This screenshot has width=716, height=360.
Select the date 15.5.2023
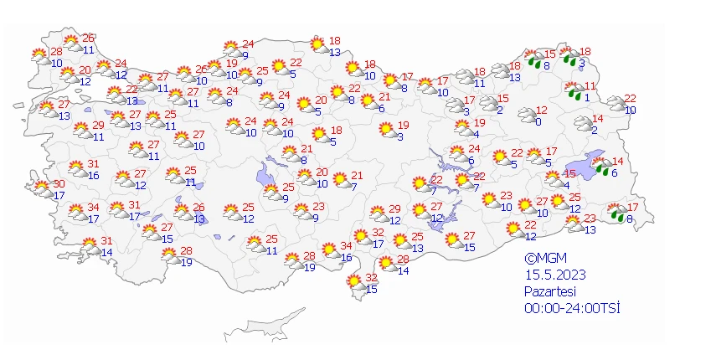click(x=554, y=275)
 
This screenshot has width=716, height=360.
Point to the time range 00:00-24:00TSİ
click(x=572, y=308)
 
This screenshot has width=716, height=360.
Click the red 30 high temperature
click(x=59, y=184)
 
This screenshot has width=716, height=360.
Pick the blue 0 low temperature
click(x=538, y=121)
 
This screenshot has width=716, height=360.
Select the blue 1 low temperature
click(x=588, y=97)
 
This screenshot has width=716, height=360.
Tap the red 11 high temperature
click(x=590, y=85)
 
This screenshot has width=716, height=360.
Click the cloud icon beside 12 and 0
click(x=527, y=116)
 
